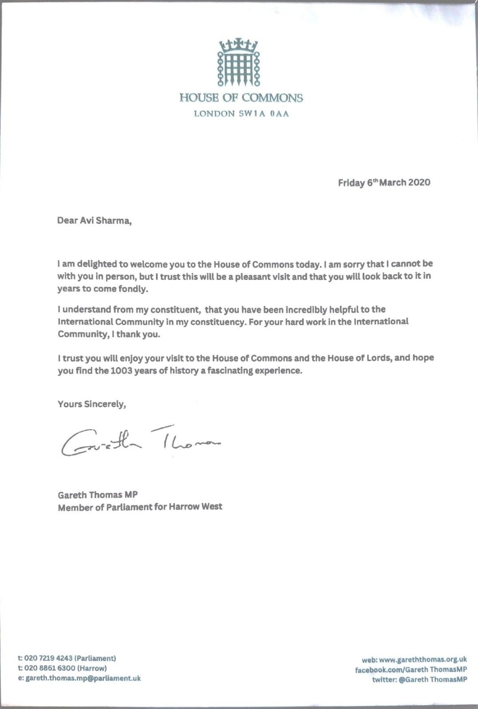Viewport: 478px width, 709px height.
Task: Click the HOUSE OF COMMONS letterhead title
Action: point(241,98)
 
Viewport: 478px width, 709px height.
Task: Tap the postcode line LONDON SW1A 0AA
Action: point(241,114)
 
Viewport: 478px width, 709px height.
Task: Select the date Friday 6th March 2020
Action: point(384,183)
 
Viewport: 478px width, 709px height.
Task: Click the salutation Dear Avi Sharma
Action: point(94,220)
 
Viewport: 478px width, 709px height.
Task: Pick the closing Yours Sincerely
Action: point(92,404)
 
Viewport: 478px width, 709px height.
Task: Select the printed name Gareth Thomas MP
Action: point(98,495)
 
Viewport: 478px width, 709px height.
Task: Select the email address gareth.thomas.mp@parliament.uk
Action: point(83,678)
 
